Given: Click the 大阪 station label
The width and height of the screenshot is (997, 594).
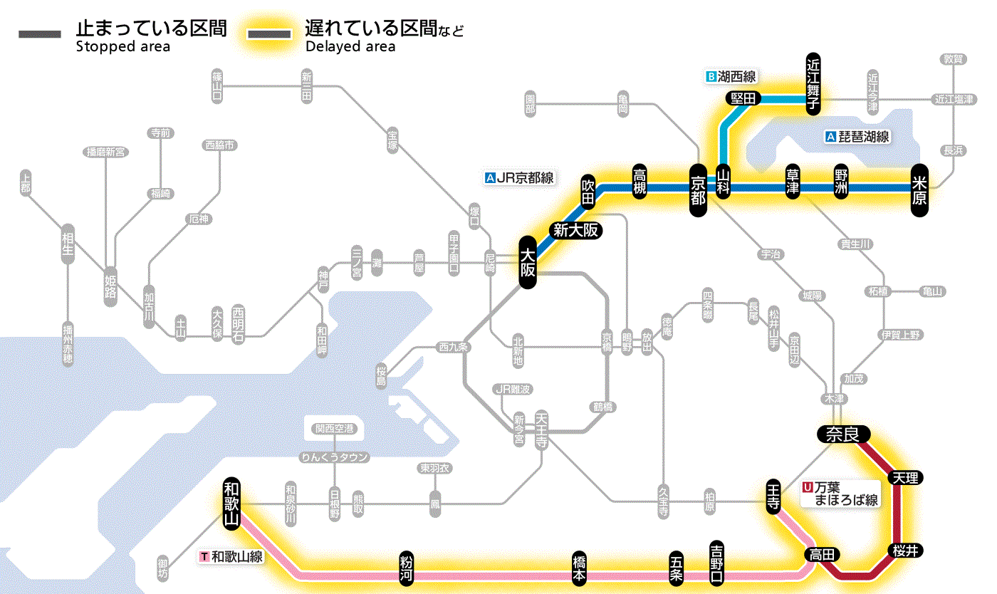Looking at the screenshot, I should pos(527,263).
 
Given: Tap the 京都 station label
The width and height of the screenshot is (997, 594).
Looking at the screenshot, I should pos(698,188).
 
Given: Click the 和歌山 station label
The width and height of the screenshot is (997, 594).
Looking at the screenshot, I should pos(231,502).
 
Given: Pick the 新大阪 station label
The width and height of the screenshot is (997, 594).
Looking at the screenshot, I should pos(576,230).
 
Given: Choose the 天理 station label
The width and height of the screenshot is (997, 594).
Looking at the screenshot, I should pos(905,477).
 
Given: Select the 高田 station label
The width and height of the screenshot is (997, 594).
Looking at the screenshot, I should pos(823,554).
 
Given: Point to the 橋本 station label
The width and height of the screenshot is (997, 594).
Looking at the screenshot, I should pos(580,567).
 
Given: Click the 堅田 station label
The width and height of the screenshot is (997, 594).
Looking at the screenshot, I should pos(743,98).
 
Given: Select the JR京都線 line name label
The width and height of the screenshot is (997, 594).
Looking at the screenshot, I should pos(519,179).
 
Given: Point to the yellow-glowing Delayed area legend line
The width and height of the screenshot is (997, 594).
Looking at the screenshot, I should pos(268,34).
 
